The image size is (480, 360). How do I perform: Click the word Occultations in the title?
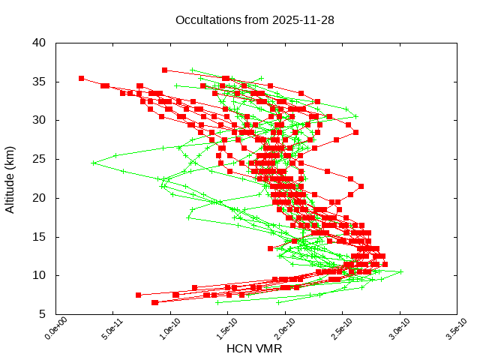(x=206, y=19)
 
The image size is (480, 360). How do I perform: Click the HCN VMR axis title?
(x=254, y=349)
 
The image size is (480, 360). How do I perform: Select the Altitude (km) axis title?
(x=10, y=178)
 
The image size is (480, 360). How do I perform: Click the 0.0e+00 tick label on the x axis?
(x=46, y=329)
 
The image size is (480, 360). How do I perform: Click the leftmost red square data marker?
(x=81, y=78)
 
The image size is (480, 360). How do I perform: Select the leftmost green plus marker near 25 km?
(x=94, y=163)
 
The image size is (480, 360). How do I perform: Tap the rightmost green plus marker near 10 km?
(x=400, y=271)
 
